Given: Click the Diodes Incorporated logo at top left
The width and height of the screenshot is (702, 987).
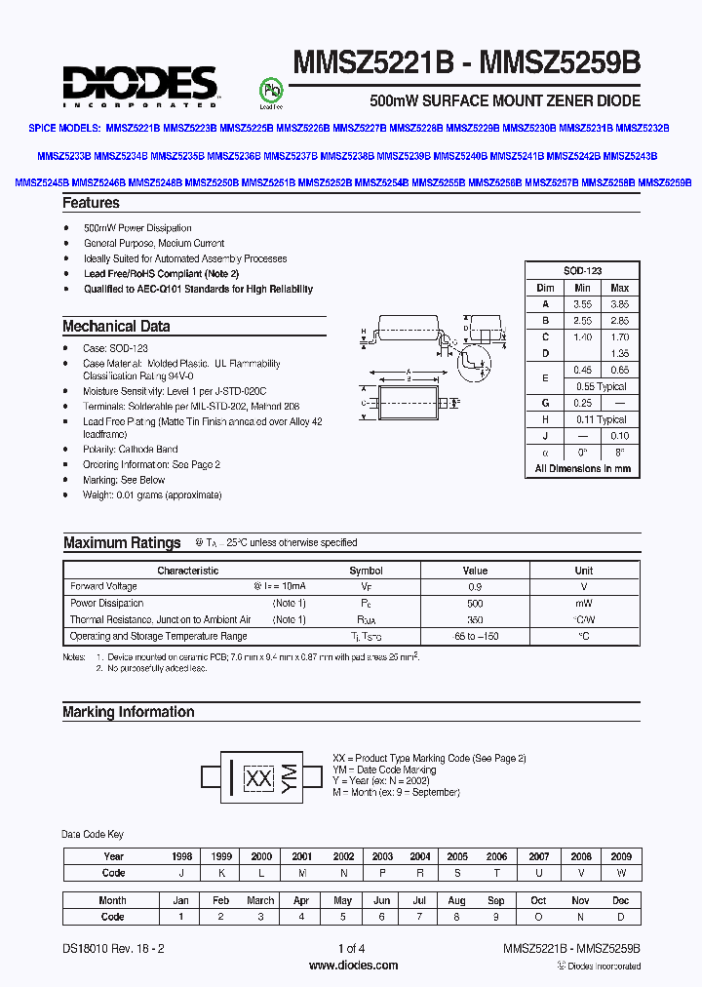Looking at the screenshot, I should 140,85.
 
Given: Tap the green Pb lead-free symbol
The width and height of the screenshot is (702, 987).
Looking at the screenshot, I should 269,90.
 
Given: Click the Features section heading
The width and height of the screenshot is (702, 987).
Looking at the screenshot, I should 91,203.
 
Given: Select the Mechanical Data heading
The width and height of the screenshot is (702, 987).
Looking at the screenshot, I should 116,327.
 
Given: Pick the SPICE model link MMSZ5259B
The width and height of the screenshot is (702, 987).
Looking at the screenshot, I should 665,182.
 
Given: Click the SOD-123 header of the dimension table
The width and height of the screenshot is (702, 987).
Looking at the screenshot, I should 583,271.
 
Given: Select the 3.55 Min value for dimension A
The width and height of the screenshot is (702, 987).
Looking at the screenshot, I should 582,304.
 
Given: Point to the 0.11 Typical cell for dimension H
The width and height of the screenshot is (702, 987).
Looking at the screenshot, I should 601,420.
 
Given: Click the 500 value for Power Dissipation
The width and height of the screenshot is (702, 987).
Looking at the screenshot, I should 475,604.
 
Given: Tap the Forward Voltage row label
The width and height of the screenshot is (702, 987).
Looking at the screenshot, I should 103,587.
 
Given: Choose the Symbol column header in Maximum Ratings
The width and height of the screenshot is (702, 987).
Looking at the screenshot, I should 366,571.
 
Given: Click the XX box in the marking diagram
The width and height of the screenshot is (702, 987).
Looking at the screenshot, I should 258,778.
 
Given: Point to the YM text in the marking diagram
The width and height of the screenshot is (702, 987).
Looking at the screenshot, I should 289,777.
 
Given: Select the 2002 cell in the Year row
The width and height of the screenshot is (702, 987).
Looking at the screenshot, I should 342,856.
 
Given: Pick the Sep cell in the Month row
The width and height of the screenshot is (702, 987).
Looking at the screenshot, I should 495,901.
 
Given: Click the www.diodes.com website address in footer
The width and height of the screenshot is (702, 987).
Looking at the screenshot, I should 353,966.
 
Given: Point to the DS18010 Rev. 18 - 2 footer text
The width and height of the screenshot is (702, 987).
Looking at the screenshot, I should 114,948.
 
